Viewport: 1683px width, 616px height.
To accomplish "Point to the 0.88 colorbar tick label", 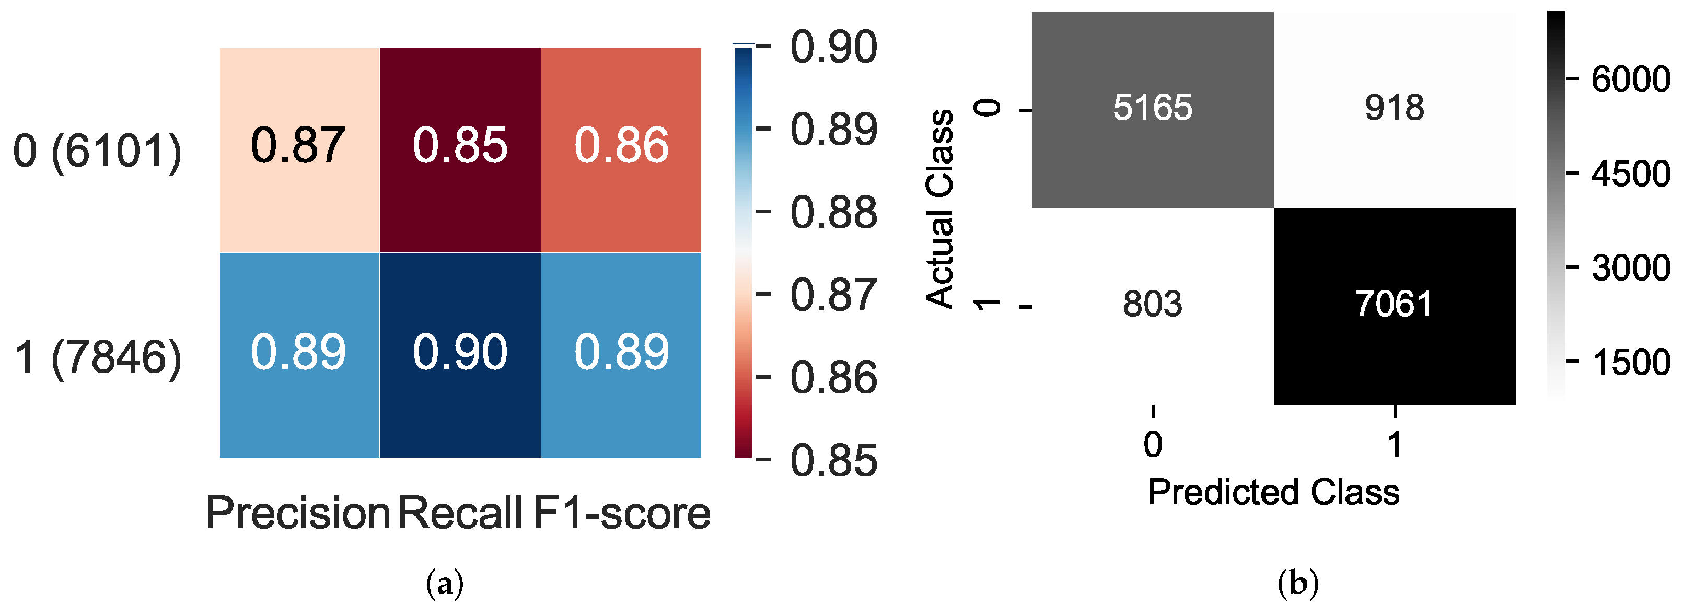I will click(x=833, y=212).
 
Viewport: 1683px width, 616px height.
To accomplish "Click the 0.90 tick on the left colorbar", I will click(x=833, y=47).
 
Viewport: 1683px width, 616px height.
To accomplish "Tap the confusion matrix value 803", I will click(x=1153, y=305).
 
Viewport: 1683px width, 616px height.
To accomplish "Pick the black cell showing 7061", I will click(x=1394, y=305).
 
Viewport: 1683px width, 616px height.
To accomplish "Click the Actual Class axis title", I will click(x=940, y=209).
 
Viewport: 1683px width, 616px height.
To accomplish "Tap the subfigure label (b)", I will click(x=1297, y=583).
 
